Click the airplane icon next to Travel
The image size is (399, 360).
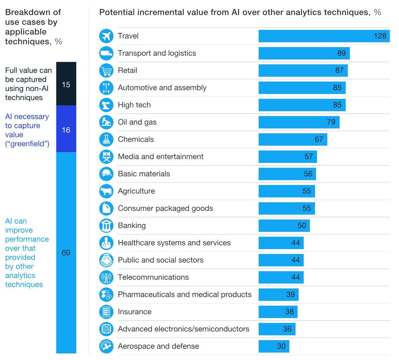pyautogui.click(x=106, y=36)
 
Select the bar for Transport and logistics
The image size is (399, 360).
pyautogui.click(x=304, y=53)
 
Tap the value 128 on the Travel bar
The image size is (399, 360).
pyautogui.click(x=380, y=36)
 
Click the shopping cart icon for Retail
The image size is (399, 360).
pyautogui.click(x=106, y=71)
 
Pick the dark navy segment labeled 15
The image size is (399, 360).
pyautogui.click(x=66, y=84)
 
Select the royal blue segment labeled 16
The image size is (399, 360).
pyautogui.click(x=66, y=129)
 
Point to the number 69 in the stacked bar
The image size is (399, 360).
pyautogui.click(x=66, y=253)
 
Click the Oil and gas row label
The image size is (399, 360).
pyautogui.click(x=137, y=122)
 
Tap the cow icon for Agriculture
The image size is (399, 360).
pyautogui.click(x=106, y=191)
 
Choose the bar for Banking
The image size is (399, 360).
pyautogui.click(x=284, y=226)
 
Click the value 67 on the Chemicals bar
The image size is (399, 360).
pyautogui.click(x=319, y=139)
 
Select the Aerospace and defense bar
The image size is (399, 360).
pyautogui.click(x=274, y=346)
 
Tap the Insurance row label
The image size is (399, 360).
pyautogui.click(x=134, y=312)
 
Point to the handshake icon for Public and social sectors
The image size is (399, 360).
pyautogui.click(x=106, y=260)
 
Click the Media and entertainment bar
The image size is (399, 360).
pyautogui.click(x=287, y=157)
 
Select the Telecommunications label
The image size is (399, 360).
pyautogui.click(x=153, y=277)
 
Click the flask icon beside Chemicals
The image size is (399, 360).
pyautogui.click(x=106, y=139)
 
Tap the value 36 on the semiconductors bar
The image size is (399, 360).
pyautogui.click(x=287, y=329)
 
